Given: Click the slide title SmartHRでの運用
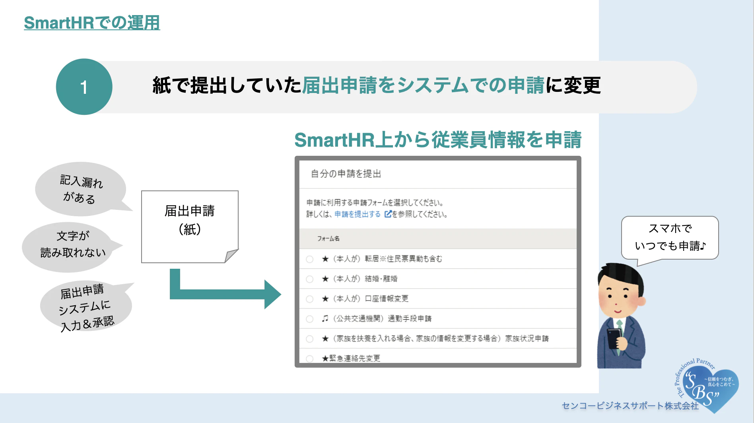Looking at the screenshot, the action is point(92,23).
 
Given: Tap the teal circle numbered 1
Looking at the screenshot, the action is point(84,87).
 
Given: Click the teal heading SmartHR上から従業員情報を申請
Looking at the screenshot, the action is point(438,140).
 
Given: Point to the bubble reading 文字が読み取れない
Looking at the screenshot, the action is point(72,247).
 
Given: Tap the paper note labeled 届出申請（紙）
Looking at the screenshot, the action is point(190,226).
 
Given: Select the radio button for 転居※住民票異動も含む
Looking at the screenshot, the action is point(310,259).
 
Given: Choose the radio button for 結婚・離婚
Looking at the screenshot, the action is point(310,279).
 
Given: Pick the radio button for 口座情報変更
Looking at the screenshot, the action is point(310,299).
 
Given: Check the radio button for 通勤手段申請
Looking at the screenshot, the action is point(310,319).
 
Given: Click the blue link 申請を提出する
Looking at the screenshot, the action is point(358,214).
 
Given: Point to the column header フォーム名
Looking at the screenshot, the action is point(328,239).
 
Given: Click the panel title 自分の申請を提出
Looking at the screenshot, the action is point(346,174).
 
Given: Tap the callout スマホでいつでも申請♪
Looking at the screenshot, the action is point(670,238).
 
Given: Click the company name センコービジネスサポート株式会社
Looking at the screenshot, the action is point(630,406).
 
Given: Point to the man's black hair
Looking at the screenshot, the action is point(620,274).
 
